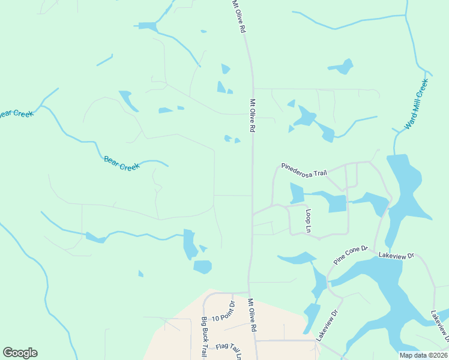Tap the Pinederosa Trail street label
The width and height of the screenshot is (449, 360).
[304, 169]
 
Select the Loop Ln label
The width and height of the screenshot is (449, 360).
[309, 220]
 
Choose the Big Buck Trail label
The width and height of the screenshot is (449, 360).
[205, 337]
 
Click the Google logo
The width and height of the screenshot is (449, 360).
[20, 353]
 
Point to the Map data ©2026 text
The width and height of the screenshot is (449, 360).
[423, 355]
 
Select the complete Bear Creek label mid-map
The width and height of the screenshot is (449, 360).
[121, 163]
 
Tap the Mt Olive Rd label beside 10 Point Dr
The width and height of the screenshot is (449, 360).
[253, 316]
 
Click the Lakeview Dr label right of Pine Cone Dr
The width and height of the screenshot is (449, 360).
[396, 255]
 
